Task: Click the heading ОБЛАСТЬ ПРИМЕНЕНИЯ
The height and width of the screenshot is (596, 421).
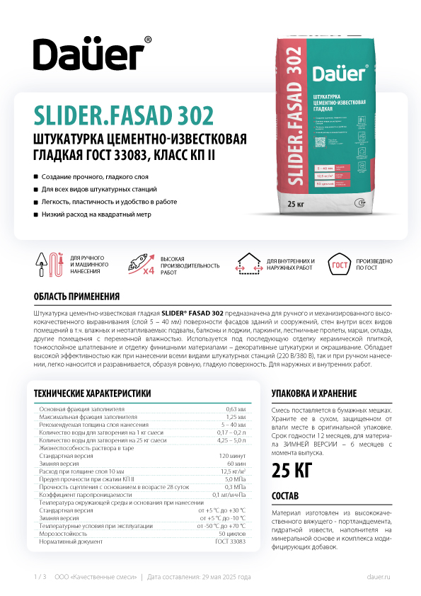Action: click(76, 297)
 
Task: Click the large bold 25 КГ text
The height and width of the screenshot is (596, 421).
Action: click(293, 469)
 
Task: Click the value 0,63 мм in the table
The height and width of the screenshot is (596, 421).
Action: click(236, 410)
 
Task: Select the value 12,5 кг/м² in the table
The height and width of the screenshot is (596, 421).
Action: click(233, 471)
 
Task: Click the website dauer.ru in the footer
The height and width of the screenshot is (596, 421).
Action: click(379, 577)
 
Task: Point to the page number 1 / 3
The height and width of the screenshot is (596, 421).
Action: click(40, 577)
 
